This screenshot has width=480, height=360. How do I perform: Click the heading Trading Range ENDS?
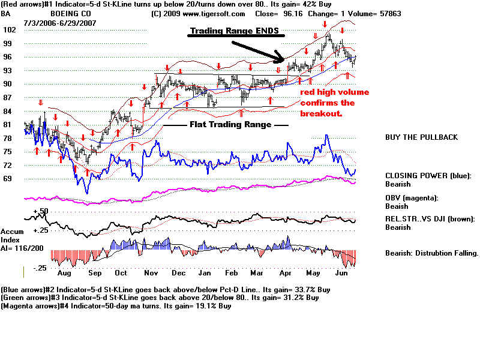coord(235,31)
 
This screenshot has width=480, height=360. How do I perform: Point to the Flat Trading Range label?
coord(230,125)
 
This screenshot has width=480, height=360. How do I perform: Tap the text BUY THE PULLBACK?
coord(421,137)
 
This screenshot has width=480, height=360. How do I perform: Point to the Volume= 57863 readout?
coord(376,13)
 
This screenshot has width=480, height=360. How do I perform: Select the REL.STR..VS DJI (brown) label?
coord(430,218)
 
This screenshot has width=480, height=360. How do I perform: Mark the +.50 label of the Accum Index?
coord(40,211)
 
